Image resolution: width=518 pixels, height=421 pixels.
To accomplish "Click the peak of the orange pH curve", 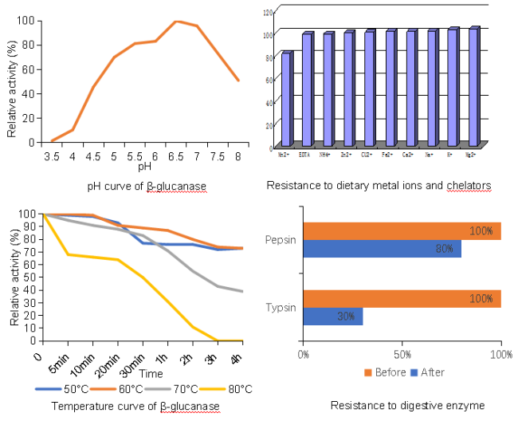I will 176,22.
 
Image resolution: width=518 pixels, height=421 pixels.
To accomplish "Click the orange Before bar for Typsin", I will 402,299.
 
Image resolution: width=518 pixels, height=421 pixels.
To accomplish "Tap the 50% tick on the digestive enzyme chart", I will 402,353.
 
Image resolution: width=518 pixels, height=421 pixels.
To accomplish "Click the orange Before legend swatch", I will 367,372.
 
